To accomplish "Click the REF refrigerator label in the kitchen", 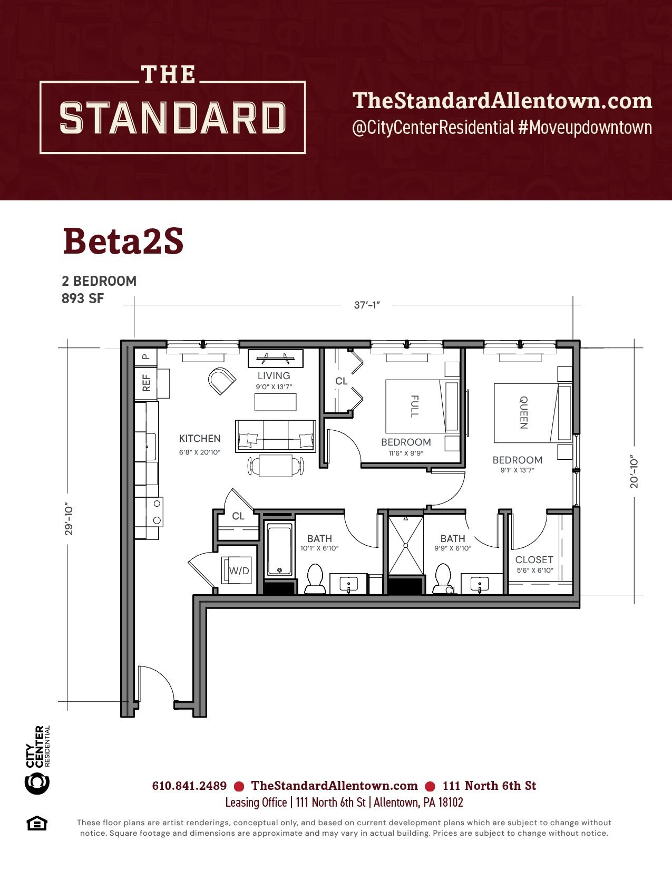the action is pyautogui.click(x=146, y=383).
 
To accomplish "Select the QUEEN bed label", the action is pyautogui.click(x=523, y=412).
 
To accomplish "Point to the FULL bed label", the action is pyautogui.click(x=415, y=406).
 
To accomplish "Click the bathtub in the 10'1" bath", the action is pyautogui.click(x=280, y=550).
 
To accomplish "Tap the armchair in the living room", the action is pyautogui.click(x=221, y=381).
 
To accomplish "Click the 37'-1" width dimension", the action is pyautogui.click(x=367, y=305).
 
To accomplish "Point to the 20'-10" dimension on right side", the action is pyautogui.click(x=634, y=471).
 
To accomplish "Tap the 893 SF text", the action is pyautogui.click(x=83, y=298).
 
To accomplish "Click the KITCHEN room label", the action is pyautogui.click(x=200, y=438).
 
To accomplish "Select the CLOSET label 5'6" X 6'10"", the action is pyautogui.click(x=534, y=564).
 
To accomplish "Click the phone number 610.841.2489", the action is pyautogui.click(x=189, y=786).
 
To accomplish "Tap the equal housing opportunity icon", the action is pyautogui.click(x=37, y=824).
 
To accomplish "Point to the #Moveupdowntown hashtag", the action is pyautogui.click(x=585, y=128).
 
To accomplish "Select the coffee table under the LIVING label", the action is pyautogui.click(x=275, y=402).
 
